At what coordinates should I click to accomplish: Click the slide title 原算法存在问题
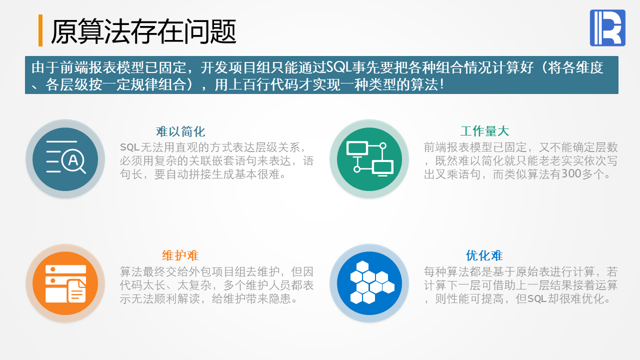coord(143,31)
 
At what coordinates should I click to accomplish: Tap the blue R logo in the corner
coord(607,27)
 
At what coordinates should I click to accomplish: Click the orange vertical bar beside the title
coord(40,30)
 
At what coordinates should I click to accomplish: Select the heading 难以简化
coord(180,131)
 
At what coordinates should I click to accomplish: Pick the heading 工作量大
coord(484,131)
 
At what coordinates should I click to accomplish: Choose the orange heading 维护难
coord(180,255)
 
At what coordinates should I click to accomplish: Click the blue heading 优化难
coord(484,255)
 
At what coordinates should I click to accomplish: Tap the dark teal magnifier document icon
coord(65,159)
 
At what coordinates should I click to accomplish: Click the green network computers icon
coord(369,159)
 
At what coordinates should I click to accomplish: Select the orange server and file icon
coord(65,283)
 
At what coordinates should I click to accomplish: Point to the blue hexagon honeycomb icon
coord(369,283)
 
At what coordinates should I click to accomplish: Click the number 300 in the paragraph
coord(571,173)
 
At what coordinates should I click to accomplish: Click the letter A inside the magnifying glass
coord(73,160)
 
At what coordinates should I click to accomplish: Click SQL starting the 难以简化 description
coord(129,147)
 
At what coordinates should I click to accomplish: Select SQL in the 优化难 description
coord(537,299)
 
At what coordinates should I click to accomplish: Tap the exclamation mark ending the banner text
coord(442,85)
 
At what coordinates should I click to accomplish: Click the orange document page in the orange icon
coord(76,291)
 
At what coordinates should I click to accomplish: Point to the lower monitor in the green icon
coord(382,168)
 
